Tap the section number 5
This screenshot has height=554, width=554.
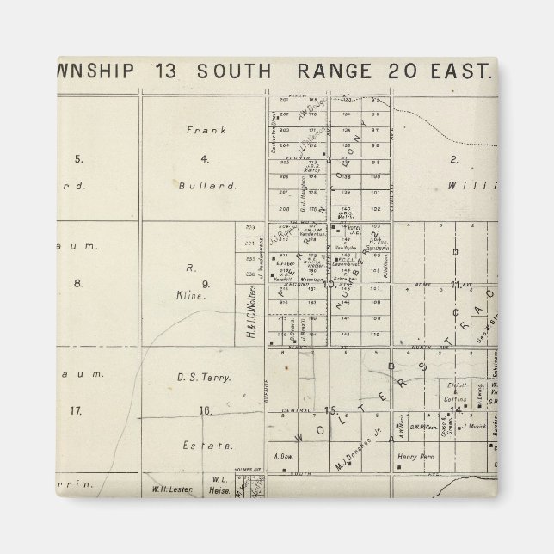78,158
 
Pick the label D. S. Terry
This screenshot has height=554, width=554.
204,377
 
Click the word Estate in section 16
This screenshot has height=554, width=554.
206,446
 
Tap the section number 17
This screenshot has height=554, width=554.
77,410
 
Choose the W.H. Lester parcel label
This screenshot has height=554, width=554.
170,491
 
